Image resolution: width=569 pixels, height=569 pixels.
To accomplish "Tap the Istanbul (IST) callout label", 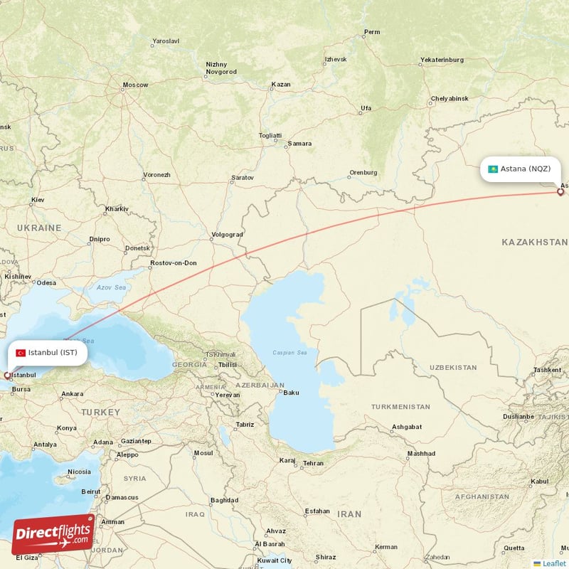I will tap(49, 352).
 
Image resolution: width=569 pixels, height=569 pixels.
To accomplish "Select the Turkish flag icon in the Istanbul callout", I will tap(21, 353).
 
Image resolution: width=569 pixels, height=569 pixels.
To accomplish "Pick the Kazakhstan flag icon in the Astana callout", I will tap(492, 169).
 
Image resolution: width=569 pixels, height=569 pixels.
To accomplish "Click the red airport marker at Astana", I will tap(560, 191).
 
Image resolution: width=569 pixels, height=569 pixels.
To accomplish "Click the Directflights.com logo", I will tap(53, 534).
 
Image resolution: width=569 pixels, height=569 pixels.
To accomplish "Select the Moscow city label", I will tap(135, 85).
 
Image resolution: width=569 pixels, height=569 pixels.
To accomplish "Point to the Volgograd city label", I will tap(228, 235).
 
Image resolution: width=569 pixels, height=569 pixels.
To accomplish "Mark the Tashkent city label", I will tap(547, 370).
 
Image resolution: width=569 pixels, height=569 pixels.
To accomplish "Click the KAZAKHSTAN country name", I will tap(534, 243).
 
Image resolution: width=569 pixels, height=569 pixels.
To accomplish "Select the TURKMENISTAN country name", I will tap(400, 407).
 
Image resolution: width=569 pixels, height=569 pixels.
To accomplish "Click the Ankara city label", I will tap(72, 393).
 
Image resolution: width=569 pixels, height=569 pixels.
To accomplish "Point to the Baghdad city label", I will tap(224, 500).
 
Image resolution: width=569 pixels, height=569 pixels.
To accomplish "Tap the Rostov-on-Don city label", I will tap(174, 263).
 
